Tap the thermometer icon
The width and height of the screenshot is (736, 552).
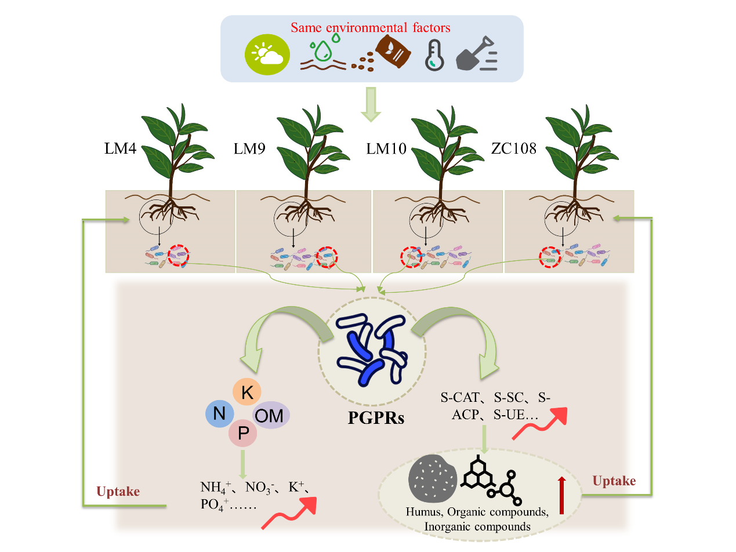point(434,56)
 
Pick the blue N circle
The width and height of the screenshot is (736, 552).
point(220,413)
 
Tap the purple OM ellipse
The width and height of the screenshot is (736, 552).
point(271,415)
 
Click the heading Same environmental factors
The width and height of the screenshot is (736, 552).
point(371,27)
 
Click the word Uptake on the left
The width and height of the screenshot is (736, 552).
point(118,492)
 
